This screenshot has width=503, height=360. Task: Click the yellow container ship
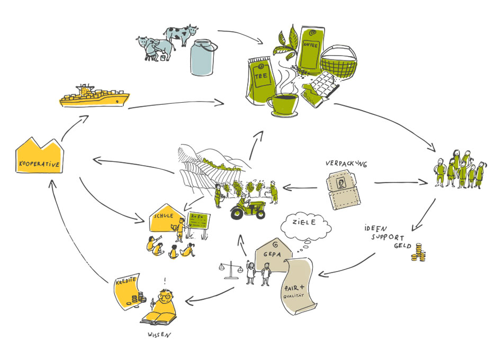[x=93, y=97]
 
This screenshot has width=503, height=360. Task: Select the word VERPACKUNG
[x=346, y=164]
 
